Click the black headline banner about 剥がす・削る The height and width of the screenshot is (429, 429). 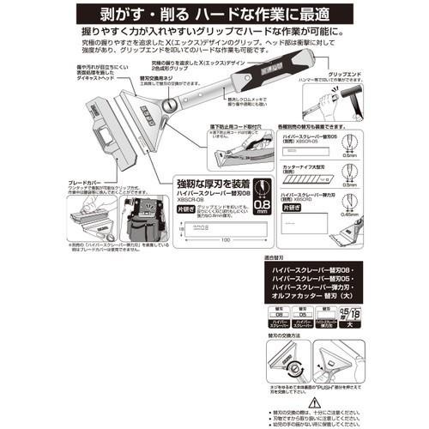tap(214, 15)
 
